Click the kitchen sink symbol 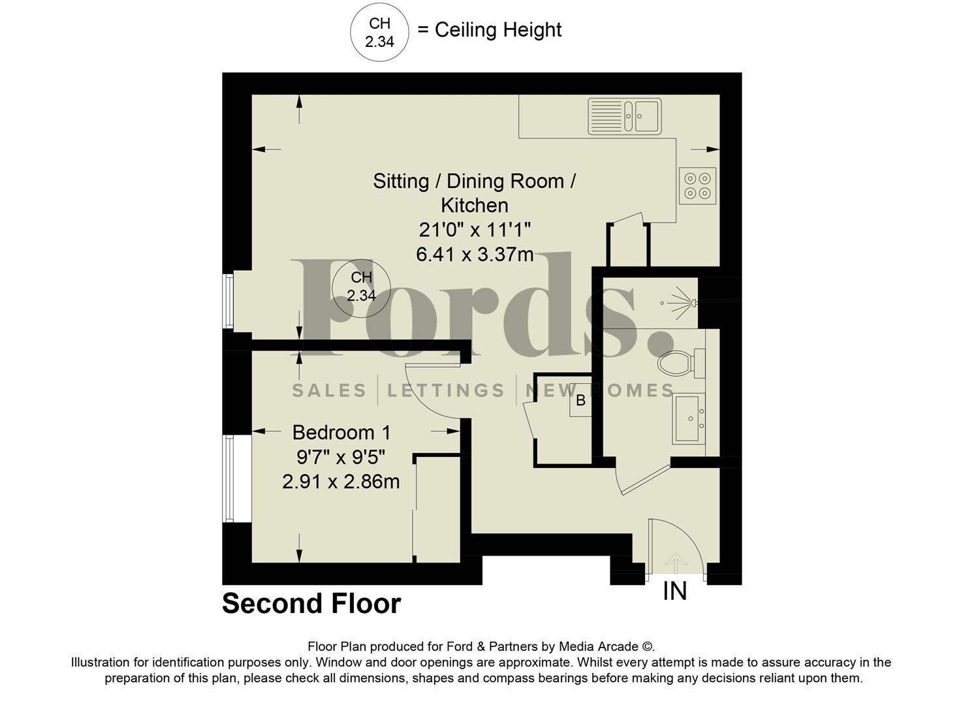tap(624, 116)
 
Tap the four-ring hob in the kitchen tap(697, 185)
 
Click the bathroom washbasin tap(689, 418)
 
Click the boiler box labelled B tap(580, 401)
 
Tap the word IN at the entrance tap(674, 591)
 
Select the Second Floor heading tap(311, 604)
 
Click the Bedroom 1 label tap(341, 432)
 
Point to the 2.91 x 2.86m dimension tap(341, 482)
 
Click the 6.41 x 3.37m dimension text tap(475, 254)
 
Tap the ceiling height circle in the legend tap(379, 33)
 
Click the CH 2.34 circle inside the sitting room tap(361, 287)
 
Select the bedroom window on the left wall tap(228, 478)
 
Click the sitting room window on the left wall tap(228, 301)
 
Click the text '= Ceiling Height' tap(489, 30)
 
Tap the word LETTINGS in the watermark tap(446, 390)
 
